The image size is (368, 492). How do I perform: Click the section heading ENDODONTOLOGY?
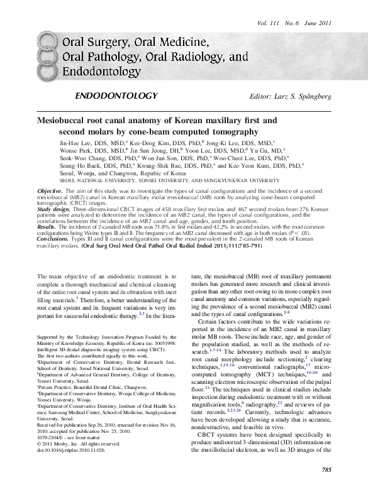pyautogui.click(x=115, y=96)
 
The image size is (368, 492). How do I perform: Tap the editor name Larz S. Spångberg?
pyautogui.click(x=290, y=96)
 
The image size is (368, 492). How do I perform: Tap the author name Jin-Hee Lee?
pyautogui.click(x=74, y=143)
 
